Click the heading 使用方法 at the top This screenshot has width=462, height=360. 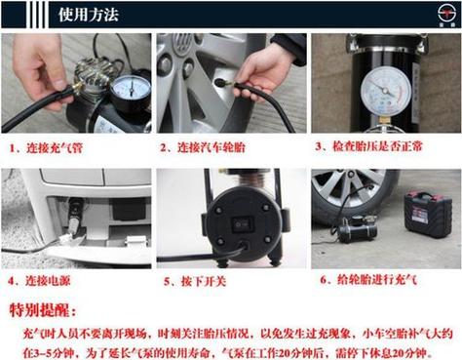click(87, 15)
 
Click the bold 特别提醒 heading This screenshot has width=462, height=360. click(41, 310)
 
